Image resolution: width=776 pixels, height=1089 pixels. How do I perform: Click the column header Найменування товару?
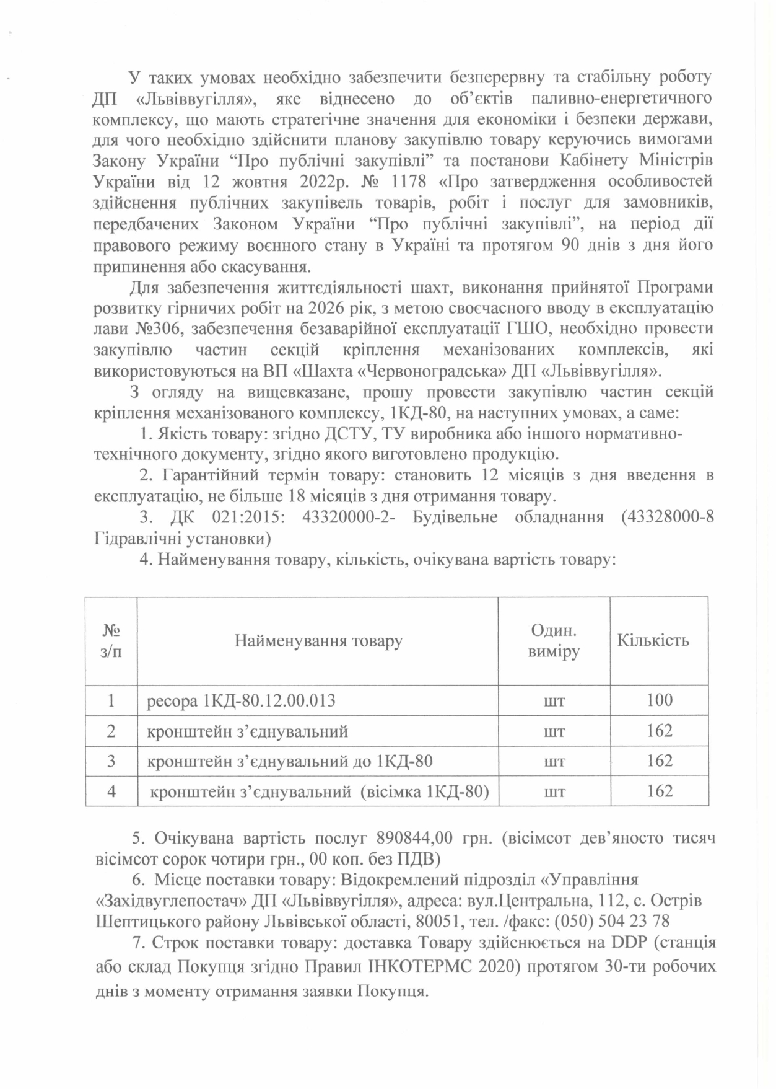[x=318, y=640]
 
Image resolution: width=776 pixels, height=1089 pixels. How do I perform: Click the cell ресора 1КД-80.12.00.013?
[x=242, y=701]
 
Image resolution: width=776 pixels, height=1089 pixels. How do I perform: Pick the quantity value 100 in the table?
[x=659, y=700]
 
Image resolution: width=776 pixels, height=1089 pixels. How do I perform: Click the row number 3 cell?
[x=111, y=761]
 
